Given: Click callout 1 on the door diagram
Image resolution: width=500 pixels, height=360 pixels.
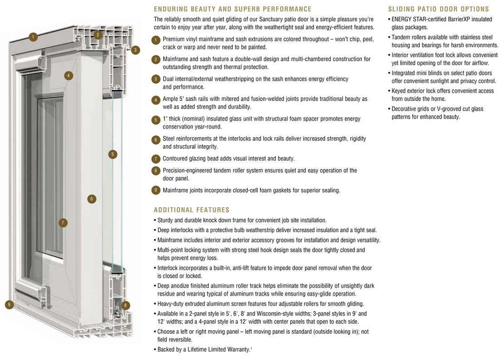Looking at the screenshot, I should coord(33,37).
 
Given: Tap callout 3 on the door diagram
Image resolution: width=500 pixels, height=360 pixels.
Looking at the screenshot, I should coord(135,50).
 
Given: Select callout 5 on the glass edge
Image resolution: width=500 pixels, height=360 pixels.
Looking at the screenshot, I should coord(113,154).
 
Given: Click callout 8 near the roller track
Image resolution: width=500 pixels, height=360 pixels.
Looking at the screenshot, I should coord(126,305).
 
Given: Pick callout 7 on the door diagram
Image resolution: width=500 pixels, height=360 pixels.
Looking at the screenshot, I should coord(63,223).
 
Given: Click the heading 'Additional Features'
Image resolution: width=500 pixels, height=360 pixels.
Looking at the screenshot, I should coord(191,210).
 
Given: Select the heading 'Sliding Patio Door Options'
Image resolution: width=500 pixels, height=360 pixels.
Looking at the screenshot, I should coord(439,9).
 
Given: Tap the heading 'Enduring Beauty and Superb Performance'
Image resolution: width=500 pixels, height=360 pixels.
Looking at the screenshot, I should coord(232,9).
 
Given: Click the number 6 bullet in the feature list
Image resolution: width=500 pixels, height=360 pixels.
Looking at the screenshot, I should coord(156,140).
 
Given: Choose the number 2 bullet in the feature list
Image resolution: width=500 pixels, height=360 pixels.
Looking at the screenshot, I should coord(156,59).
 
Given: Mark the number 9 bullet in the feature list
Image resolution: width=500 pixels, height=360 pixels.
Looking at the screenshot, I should coord(156,190).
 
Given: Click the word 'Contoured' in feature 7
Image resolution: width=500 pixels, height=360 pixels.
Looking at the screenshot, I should coord(176,159).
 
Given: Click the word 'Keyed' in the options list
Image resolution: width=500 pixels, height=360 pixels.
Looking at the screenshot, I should coord(399,91).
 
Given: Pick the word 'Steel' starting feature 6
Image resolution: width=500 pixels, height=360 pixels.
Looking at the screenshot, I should coord(170,139).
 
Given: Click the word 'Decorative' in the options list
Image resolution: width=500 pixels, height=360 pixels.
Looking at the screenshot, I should coord(407,109).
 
